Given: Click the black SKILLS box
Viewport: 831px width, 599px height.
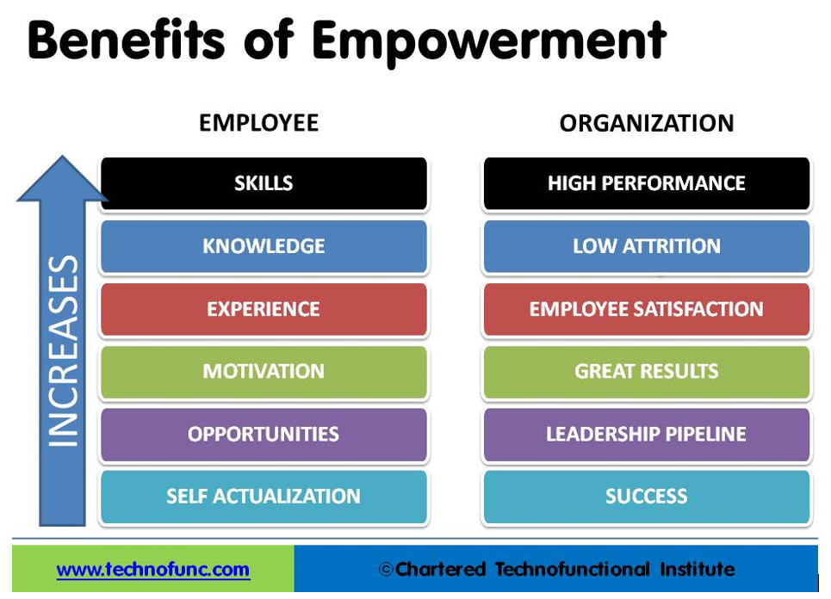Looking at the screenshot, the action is click(x=264, y=183).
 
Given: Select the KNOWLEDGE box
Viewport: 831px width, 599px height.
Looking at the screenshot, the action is click(x=264, y=246).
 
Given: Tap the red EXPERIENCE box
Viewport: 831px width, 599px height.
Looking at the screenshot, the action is click(x=264, y=309).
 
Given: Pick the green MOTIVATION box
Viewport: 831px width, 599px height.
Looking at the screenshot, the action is click(x=264, y=371).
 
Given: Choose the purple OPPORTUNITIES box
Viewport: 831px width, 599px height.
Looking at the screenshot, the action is click(x=264, y=435).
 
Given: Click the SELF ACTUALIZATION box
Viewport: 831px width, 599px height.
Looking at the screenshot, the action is click(x=264, y=497).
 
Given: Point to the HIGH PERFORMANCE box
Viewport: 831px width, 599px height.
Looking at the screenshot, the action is click(x=647, y=183).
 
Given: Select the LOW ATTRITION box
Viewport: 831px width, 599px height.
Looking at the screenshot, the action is click(x=647, y=246).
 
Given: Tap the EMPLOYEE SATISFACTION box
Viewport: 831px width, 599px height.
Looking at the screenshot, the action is click(x=647, y=309).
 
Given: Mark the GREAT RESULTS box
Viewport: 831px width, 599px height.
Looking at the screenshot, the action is click(x=647, y=371).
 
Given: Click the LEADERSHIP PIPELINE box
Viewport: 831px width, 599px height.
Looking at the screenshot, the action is click(x=647, y=435).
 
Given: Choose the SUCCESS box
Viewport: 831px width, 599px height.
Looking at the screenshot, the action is click(x=647, y=497).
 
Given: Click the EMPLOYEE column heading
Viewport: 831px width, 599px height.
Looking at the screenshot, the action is click(x=258, y=123).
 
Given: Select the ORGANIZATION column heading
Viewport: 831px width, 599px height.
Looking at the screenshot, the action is click(x=647, y=123).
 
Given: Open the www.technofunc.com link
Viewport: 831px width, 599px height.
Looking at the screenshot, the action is click(x=152, y=570).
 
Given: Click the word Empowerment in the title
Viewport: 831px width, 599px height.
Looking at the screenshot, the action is click(x=488, y=40).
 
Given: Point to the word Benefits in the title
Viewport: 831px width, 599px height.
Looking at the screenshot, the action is click(x=126, y=40).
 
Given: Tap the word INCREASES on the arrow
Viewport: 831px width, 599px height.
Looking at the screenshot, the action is click(x=63, y=350).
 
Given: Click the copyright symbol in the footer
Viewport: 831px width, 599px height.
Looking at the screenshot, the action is click(x=386, y=570).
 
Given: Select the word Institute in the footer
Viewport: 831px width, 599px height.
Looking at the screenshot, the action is click(x=698, y=569).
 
